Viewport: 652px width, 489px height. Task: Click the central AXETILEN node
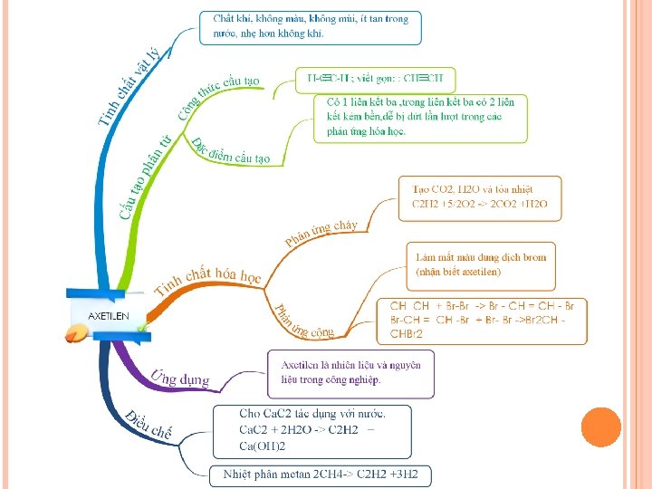108,315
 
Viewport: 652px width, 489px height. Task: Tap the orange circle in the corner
600,429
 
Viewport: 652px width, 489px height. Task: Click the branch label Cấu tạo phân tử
145,177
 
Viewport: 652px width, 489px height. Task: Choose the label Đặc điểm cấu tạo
230,152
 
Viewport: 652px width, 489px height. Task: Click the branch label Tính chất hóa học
208,280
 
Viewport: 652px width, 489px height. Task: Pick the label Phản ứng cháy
321,232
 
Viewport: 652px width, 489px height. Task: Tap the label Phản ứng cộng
303,322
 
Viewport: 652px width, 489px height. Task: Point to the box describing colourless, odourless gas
311,26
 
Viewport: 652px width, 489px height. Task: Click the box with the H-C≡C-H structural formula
375,79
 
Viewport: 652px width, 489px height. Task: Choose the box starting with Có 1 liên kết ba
420,117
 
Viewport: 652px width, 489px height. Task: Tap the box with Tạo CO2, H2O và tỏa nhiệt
480,197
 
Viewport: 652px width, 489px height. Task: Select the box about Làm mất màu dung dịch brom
481,264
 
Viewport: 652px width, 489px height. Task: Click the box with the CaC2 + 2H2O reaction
312,429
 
